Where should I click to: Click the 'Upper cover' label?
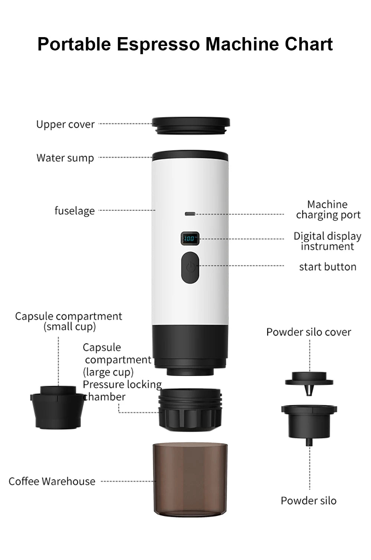point(65,124)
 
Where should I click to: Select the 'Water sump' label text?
point(65,158)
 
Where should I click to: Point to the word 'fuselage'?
point(75,211)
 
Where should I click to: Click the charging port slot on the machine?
point(190,214)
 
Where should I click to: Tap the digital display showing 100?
point(190,238)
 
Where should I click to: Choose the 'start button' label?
point(328,267)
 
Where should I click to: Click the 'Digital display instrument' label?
point(327,241)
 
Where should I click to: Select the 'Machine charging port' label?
point(328,210)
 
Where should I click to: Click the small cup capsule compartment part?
point(58,408)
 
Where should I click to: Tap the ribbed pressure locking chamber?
point(190,410)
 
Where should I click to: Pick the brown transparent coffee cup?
point(190,479)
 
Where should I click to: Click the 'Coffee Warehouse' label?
point(52,481)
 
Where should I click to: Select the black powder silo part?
point(309,421)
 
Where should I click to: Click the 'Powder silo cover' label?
point(309,332)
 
